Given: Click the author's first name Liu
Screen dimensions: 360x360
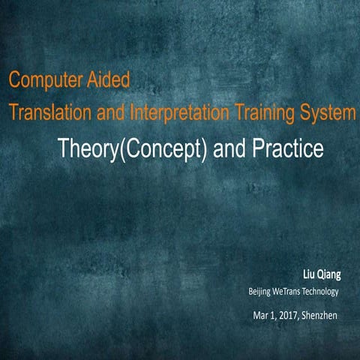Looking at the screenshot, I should (307, 274).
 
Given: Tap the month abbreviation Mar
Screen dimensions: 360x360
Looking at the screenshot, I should (260, 314).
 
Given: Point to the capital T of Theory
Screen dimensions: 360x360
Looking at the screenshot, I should (64, 149).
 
